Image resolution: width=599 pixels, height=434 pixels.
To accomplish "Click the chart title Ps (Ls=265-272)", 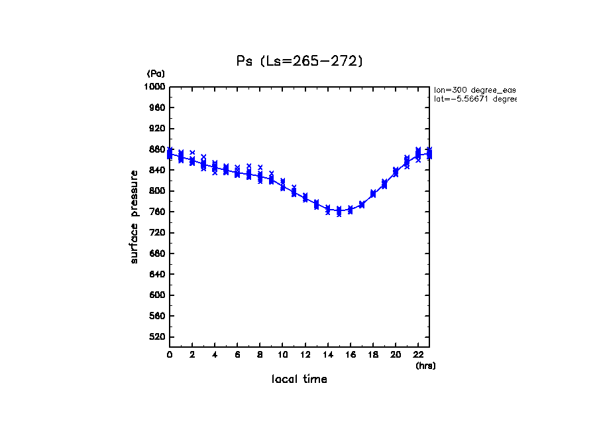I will tap(299, 61).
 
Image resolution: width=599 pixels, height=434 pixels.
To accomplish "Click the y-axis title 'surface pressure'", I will tap(135, 216).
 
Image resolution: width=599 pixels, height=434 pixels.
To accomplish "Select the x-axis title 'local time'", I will tap(299, 380).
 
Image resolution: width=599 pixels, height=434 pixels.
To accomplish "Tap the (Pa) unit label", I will tap(156, 74).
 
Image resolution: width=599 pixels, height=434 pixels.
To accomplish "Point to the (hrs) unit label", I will tap(425, 366).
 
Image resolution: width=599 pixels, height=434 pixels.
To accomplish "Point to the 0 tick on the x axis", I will tap(170, 356).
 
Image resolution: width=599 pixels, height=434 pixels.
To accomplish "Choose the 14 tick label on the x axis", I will tap(327, 356).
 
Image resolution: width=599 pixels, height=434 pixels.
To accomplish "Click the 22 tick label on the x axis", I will tap(418, 356).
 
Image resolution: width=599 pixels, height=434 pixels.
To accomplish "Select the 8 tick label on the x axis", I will tap(260, 356).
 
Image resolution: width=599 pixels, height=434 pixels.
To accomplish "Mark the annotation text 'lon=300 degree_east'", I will tap(474, 89).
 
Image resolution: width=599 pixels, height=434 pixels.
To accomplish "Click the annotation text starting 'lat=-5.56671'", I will tap(474, 99).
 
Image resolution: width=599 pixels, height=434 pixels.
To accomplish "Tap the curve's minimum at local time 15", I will tap(339, 211).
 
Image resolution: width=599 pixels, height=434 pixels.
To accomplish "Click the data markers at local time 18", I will tap(373, 194).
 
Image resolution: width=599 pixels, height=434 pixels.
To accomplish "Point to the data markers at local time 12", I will tap(305, 198).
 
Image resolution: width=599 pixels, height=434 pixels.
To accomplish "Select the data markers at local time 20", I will tap(396, 172).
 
